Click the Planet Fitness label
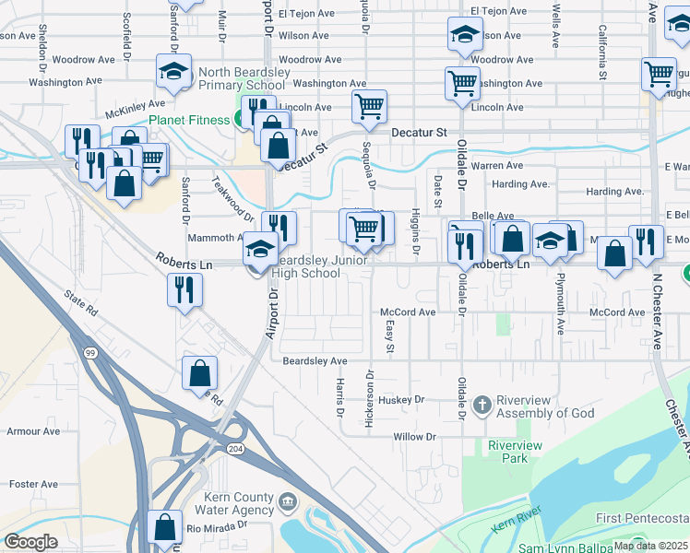point(190,119)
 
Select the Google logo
point(30,542)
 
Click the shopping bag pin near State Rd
point(199,372)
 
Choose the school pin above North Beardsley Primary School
point(172,71)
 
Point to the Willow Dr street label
point(413,437)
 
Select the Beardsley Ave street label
point(315,360)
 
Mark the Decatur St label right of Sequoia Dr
point(418,133)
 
